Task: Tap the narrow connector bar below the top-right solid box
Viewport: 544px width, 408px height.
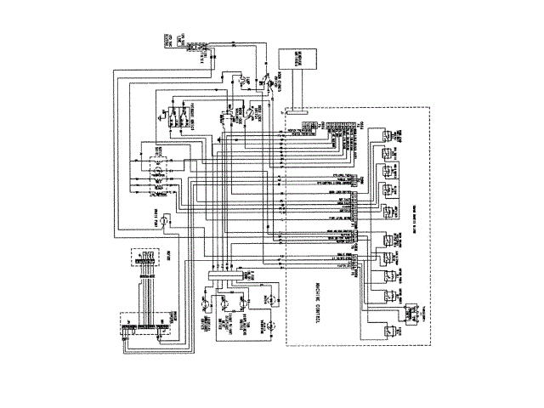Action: click(297, 110)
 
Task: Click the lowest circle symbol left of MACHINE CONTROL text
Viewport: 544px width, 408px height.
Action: click(264, 326)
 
